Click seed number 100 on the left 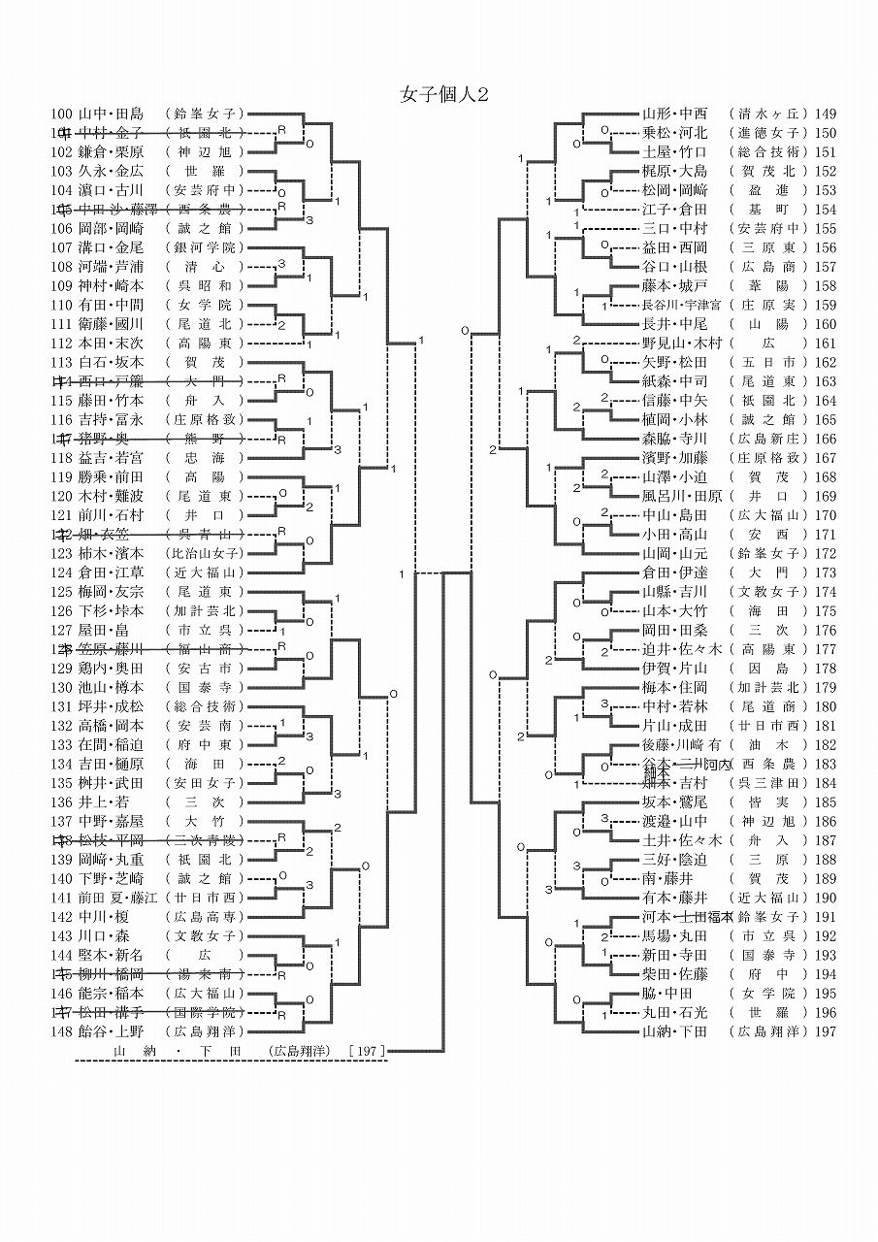coord(62,114)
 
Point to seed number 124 coord(62,572)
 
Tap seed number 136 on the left coord(62,801)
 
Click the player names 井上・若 coord(104,801)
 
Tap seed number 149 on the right coord(827,114)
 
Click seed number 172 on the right coord(827,553)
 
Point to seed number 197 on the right coord(827,1031)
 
